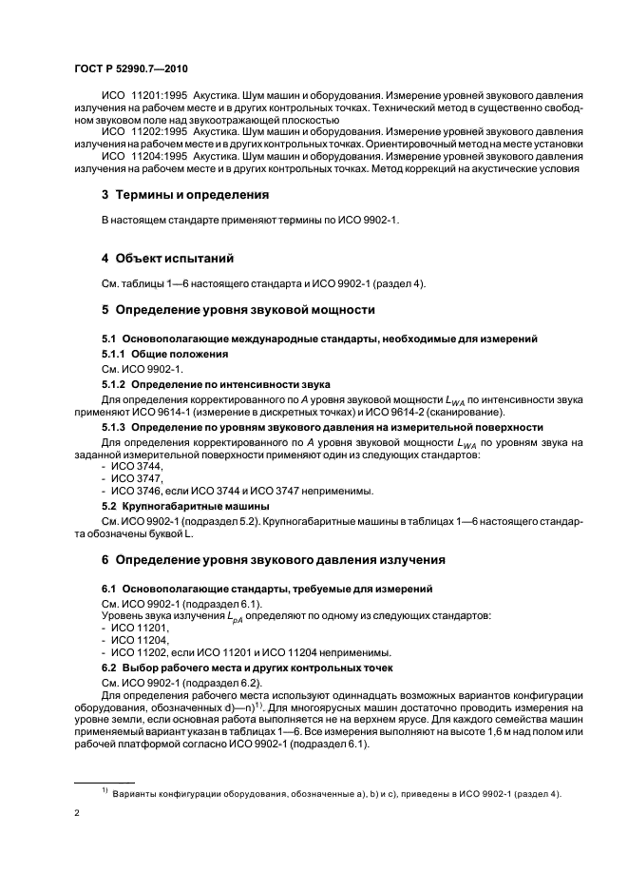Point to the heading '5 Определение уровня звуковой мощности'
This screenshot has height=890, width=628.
click(x=238, y=310)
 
